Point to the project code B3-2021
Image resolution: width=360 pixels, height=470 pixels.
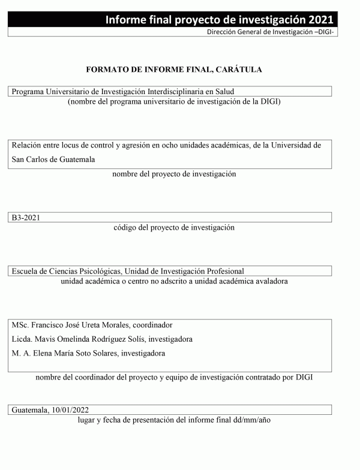pyautogui.click(x=25, y=218)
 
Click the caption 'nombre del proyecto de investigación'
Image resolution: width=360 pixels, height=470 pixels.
pyautogui.click(x=174, y=174)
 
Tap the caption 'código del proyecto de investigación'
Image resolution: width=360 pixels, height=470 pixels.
pyautogui.click(x=174, y=228)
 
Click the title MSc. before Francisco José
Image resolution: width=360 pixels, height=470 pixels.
pyautogui.click(x=20, y=325)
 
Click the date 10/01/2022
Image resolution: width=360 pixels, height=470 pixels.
pyautogui.click(x=70, y=410)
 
